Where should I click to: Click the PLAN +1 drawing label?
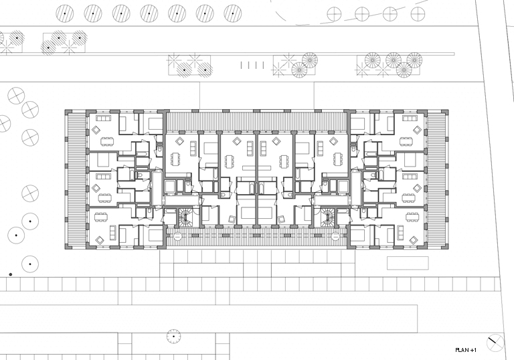[466, 350]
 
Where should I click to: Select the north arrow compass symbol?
[495, 343]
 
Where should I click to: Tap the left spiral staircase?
[187, 217]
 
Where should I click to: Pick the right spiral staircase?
[327, 217]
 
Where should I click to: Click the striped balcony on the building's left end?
[76, 180]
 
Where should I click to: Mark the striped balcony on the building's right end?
[436, 180]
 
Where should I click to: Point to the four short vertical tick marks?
[252, 66]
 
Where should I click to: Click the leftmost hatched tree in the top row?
[64, 13]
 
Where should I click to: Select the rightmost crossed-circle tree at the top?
[418, 14]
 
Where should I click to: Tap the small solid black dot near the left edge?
[11, 274]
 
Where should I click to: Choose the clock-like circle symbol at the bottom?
[173, 336]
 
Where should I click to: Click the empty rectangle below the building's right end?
[408, 263]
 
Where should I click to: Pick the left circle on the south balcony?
[177, 236]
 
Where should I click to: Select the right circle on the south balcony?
[335, 236]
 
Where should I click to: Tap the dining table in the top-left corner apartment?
[106, 142]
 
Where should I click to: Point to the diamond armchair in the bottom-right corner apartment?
[414, 241]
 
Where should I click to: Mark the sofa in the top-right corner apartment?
[410, 118]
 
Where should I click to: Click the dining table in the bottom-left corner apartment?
[101, 217]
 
